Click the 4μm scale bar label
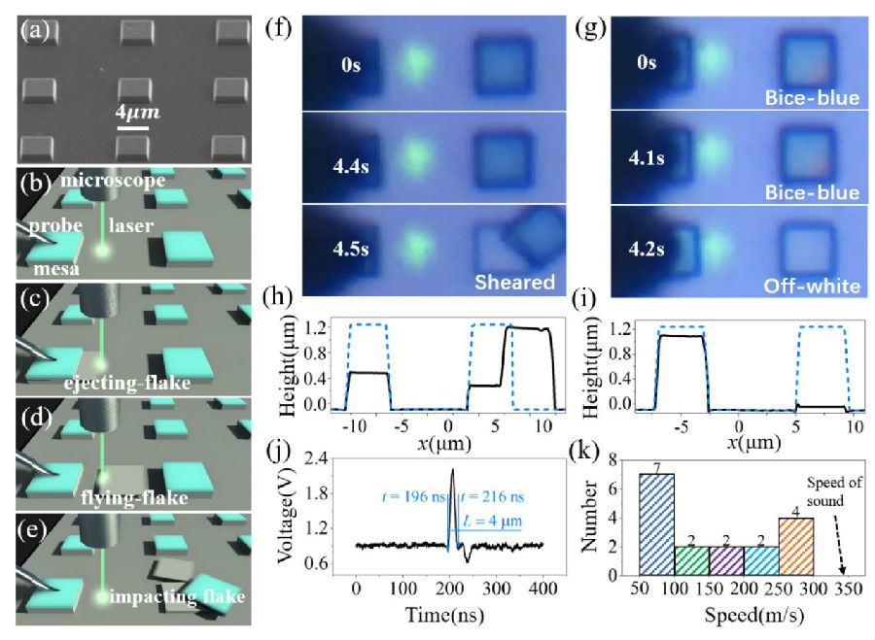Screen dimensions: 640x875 point(135,114)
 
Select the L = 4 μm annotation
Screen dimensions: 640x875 point(495,522)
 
